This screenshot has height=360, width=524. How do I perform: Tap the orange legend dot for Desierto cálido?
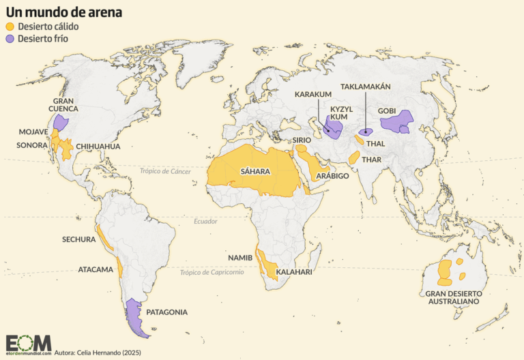(10, 26)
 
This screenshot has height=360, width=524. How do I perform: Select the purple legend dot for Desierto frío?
(10, 39)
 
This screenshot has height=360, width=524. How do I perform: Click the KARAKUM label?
(313, 94)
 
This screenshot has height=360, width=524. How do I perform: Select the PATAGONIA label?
(166, 312)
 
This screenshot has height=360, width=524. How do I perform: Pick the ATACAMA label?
(96, 269)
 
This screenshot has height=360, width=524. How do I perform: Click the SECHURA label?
(78, 240)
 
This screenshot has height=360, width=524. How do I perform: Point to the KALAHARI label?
(294, 272)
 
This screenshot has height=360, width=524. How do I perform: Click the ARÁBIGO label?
(332, 176)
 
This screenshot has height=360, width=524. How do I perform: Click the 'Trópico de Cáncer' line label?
(166, 171)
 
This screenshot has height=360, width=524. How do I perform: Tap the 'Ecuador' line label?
(205, 221)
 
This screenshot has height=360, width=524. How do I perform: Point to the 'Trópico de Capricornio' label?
(212, 272)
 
